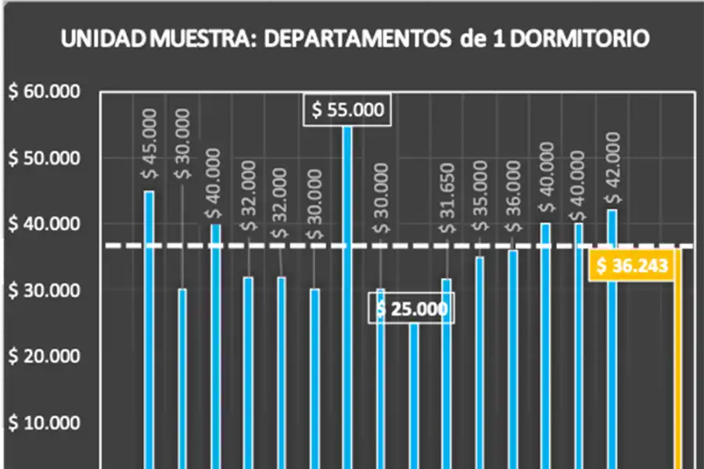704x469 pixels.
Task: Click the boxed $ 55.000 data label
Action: tap(348, 110)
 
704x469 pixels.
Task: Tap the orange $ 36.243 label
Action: tap(631, 267)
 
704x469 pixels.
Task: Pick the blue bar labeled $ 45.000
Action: tap(149, 328)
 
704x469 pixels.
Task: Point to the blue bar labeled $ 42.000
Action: tap(612, 336)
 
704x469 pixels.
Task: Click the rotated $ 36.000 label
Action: tap(513, 197)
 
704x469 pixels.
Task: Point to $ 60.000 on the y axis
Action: tap(45, 92)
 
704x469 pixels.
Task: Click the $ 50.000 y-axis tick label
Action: tap(45, 159)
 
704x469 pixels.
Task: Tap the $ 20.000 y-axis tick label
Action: tap(45, 356)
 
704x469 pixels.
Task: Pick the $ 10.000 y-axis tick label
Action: tap(45, 423)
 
